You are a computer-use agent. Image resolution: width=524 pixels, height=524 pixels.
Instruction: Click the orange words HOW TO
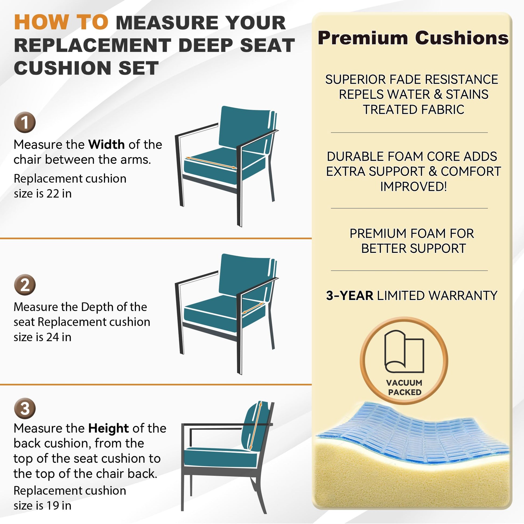click(x=61, y=22)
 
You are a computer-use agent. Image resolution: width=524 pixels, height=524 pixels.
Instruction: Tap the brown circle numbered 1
click(x=25, y=122)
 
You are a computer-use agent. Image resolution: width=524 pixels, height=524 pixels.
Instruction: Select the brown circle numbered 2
click(x=25, y=285)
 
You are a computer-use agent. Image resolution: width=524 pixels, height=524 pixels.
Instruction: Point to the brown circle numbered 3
click(x=25, y=408)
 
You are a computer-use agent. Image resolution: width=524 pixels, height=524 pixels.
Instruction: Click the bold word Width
click(x=107, y=145)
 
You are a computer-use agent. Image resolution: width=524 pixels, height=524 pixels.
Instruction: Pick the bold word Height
click(x=109, y=428)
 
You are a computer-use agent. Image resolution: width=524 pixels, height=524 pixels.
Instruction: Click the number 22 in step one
click(x=53, y=194)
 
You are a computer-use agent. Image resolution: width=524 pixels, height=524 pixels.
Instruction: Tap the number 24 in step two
click(x=53, y=337)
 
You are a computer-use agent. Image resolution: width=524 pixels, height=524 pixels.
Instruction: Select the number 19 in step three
click(x=53, y=506)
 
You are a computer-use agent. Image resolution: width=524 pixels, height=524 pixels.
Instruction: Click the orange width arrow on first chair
click(x=211, y=163)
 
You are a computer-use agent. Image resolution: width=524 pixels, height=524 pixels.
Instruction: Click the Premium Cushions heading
click(x=413, y=38)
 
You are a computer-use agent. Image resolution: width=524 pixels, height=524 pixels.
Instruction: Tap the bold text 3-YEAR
click(x=350, y=296)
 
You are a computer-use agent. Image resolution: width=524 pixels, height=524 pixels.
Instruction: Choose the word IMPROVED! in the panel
click(x=413, y=187)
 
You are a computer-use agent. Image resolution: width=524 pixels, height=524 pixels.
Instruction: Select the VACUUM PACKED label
click(x=404, y=387)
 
